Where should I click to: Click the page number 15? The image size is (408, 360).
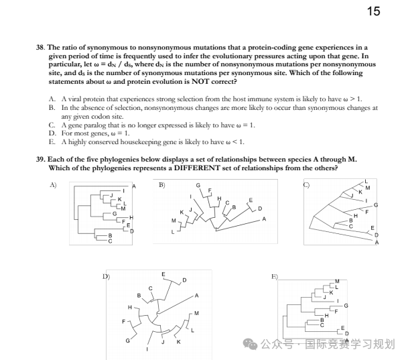click(x=374, y=12)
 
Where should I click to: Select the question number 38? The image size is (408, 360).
click(x=40, y=48)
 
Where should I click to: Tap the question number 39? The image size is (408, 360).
click(x=40, y=160)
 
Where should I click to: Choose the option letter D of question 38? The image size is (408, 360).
click(x=52, y=133)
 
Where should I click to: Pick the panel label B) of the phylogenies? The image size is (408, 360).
click(x=161, y=184)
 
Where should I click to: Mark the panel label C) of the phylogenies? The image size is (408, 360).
click(x=306, y=184)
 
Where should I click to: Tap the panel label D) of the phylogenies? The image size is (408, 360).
click(x=105, y=276)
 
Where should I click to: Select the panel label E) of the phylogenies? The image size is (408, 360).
click(x=274, y=276)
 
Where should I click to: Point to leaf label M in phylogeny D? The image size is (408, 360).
click(x=196, y=313)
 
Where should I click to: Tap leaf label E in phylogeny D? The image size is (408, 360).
click(x=164, y=275)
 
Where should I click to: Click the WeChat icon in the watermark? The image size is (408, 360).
click(x=251, y=344)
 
